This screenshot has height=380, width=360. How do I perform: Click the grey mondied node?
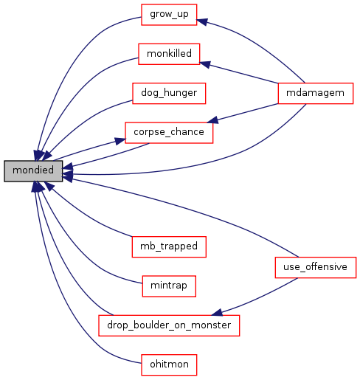[x=33, y=171]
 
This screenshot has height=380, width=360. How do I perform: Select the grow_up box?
[x=169, y=15]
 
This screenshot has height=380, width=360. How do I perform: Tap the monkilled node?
[x=169, y=54]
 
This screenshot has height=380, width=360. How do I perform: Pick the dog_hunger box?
[x=169, y=93]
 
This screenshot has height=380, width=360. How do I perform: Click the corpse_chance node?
[x=169, y=133]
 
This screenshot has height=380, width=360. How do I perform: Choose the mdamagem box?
[x=316, y=93]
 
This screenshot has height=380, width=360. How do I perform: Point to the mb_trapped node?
[x=169, y=247]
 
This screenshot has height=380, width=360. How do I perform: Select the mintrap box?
[x=169, y=286]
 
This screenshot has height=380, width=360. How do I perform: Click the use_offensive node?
[x=316, y=268]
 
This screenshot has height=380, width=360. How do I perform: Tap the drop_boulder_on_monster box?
[x=169, y=325]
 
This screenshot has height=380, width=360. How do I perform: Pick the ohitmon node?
[x=169, y=365]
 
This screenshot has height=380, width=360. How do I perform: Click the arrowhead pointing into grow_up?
[x=201, y=21]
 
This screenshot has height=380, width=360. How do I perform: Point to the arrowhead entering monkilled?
[x=205, y=64]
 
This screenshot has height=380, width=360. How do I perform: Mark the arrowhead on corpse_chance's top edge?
[x=212, y=120]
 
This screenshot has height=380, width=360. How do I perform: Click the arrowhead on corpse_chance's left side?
[x=120, y=141]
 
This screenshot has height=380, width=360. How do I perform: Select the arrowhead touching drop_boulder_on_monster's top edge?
[x=217, y=312]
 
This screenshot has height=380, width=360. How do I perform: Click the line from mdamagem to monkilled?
[x=238, y=73]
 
